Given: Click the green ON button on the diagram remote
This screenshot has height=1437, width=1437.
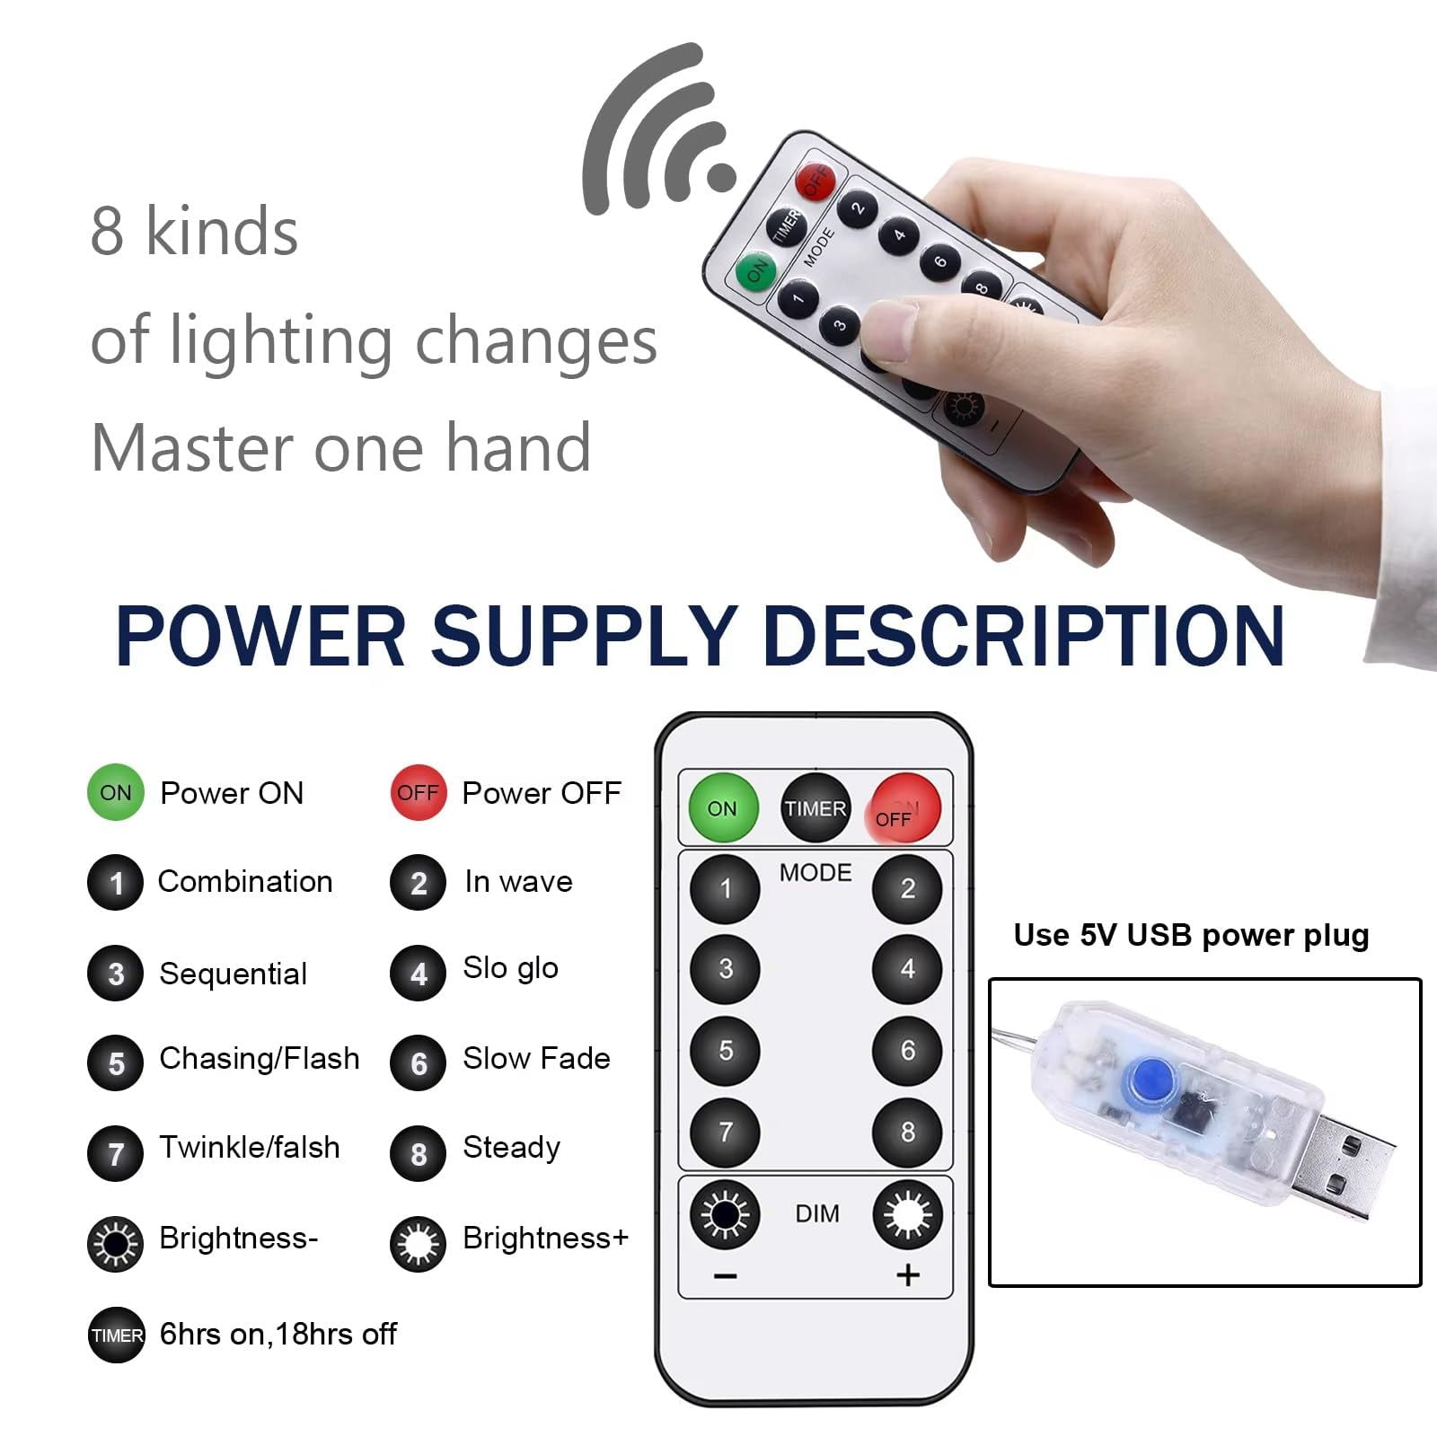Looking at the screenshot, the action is click(x=723, y=807).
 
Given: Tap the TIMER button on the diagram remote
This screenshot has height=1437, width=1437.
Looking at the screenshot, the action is click(x=815, y=807).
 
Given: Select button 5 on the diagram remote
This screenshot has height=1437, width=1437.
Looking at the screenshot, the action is click(x=725, y=1050).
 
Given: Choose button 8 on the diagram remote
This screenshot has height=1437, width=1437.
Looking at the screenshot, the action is click(x=907, y=1131).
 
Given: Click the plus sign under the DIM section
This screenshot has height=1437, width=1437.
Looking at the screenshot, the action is click(x=908, y=1274).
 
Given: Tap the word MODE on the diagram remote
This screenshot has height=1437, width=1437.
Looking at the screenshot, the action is click(x=815, y=872).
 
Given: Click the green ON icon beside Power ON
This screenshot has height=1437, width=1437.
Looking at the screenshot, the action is click(x=116, y=792).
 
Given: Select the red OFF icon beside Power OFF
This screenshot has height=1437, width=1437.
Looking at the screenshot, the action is click(x=419, y=792).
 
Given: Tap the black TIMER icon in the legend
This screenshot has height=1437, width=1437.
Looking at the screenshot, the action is click(x=117, y=1335).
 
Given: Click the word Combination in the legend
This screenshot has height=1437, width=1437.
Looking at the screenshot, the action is click(x=245, y=881).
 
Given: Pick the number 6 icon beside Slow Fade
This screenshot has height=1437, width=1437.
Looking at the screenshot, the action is click(x=419, y=1063).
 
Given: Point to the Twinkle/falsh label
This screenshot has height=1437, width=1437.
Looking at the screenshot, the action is click(x=250, y=1147).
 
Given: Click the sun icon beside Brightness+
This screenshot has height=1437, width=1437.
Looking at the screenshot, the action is click(x=419, y=1244).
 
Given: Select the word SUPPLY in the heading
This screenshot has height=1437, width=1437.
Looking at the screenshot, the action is click(x=584, y=635).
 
